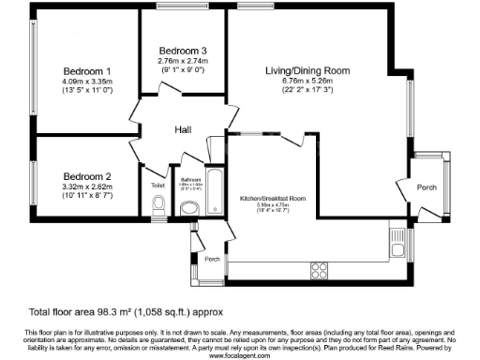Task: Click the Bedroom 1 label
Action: click(88, 71)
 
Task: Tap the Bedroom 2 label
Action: click(88, 175)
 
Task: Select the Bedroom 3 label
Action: click(182, 50)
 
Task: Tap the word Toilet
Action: click(157, 186)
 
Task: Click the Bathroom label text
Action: click(191, 178)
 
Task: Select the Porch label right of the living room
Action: click(427, 187)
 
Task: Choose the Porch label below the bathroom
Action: click(213, 259)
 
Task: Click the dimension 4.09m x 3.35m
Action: click(88, 82)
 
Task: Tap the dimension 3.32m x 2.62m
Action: click(88, 186)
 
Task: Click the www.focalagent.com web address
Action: click(240, 353)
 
